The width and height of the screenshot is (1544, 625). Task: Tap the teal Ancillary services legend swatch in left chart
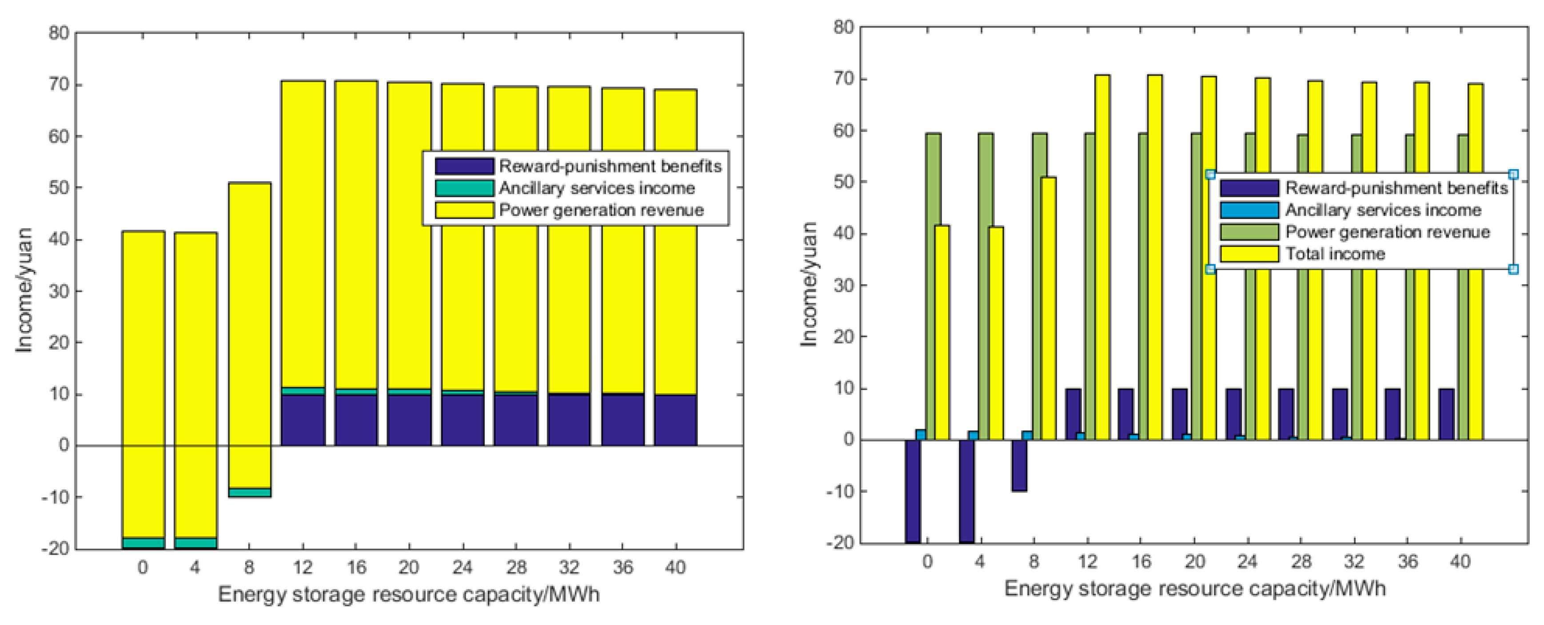[464, 188]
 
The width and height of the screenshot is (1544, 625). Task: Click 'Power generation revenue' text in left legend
[601, 210]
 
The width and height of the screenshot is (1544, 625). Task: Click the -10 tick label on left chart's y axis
[55, 498]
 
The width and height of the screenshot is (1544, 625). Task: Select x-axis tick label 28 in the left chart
[515, 567]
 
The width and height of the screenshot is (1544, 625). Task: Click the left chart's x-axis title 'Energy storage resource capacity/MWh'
[409, 594]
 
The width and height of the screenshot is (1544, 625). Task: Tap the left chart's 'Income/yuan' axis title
[24, 290]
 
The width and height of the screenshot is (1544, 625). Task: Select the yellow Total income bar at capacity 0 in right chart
[942, 333]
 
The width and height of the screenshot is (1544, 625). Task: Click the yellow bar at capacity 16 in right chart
[1154, 258]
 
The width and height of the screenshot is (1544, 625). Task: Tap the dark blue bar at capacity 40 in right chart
[1446, 415]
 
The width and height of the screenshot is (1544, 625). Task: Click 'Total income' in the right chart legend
[1335, 254]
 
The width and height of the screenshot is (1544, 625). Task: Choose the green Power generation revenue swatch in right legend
[1249, 232]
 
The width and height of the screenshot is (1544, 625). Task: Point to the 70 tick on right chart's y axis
[843, 79]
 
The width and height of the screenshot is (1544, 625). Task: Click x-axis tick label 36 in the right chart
[1407, 561]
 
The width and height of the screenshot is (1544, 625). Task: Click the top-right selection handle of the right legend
[1513, 175]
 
